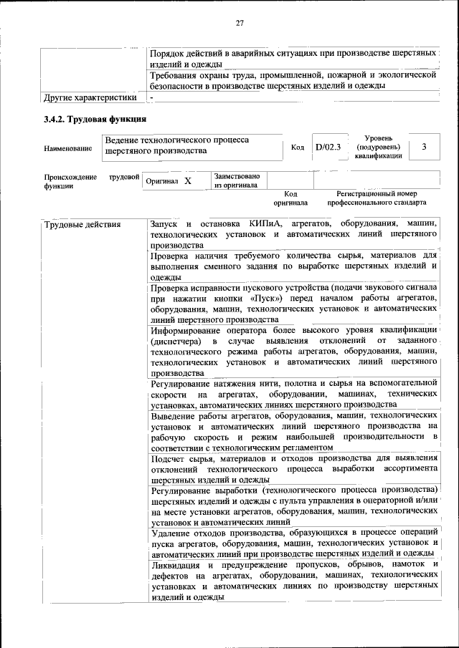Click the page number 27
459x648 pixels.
240,23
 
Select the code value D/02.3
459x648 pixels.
328,148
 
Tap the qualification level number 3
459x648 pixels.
425,147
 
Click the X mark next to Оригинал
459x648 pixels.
188,181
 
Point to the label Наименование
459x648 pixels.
68,148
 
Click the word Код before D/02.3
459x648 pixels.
298,148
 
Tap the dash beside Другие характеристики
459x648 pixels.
152,97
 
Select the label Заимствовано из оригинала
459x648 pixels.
237,180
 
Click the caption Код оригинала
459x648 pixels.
290,198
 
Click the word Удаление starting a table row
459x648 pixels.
174,533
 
